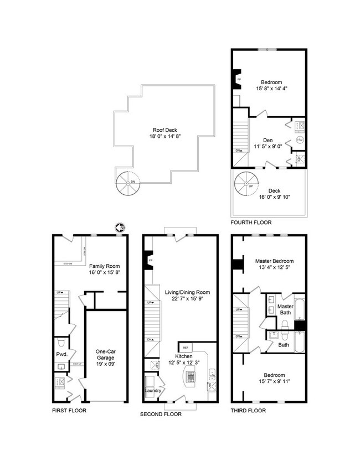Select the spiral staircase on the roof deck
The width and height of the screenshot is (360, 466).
coord(127,183)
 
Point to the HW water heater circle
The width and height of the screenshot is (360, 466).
coord(300,141)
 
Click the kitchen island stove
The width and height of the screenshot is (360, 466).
coord(191,377)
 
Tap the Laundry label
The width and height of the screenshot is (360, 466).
coord(153,391)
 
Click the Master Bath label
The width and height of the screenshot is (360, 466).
coord(285,310)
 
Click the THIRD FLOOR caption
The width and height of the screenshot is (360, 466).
coord(248,411)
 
